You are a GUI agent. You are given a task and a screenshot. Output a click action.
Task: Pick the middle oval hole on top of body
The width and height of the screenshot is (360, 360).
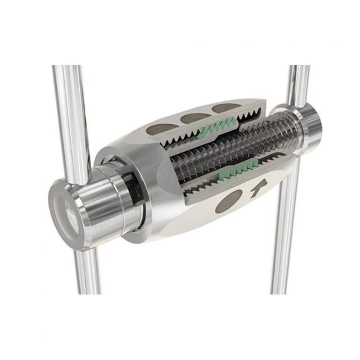191,117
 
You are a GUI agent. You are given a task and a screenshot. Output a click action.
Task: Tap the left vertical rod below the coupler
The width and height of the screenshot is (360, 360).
87,272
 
